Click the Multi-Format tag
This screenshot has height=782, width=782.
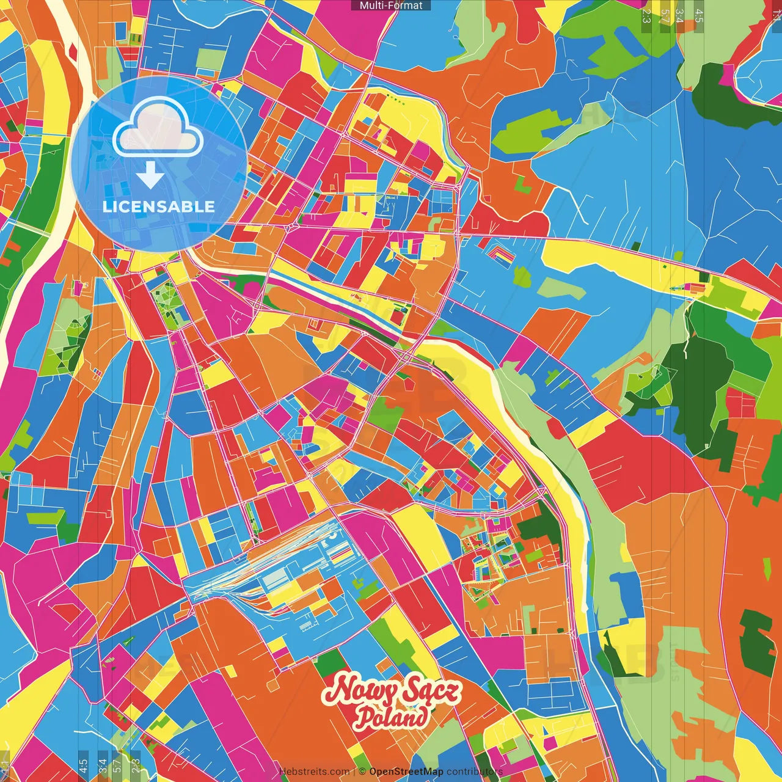391,5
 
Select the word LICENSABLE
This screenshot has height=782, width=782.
159,206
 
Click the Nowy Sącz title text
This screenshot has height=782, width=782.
392,691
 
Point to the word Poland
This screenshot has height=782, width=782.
392,717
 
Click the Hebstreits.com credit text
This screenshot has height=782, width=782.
314,772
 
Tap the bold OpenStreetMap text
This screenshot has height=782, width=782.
406,772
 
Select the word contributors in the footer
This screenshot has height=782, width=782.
475,772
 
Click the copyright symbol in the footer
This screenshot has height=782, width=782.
362,772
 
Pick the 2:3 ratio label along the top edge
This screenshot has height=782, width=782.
646,16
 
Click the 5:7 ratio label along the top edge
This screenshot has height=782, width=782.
665,16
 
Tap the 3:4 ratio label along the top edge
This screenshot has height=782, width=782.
679,16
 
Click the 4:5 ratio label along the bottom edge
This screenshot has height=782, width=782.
83,766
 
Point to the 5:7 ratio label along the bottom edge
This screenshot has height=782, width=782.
117,766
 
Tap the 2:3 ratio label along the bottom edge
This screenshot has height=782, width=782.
136,766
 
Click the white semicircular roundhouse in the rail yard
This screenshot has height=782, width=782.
331,535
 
